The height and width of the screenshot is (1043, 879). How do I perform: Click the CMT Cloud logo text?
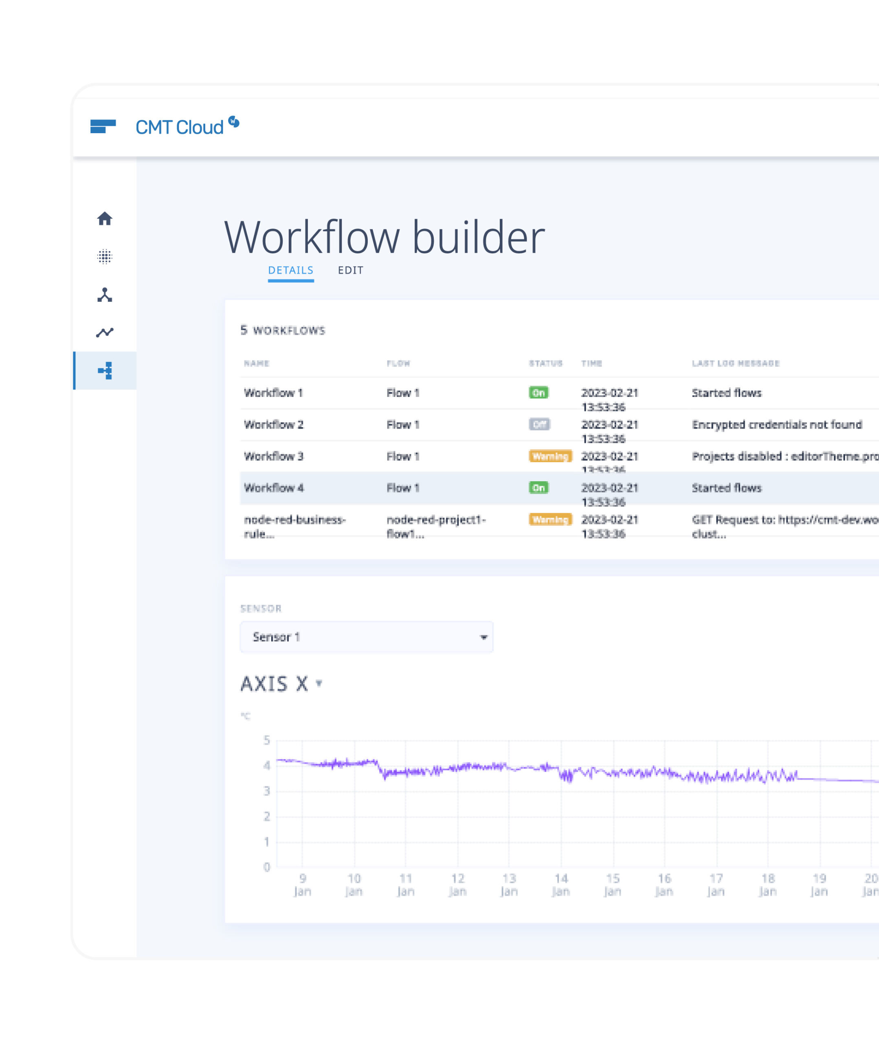[x=179, y=128]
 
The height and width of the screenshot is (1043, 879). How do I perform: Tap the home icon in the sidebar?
[x=105, y=219]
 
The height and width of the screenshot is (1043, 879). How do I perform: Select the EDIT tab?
[x=350, y=270]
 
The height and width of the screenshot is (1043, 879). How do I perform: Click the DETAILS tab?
[x=290, y=270]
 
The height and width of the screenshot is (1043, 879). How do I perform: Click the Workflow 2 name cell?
[x=274, y=425]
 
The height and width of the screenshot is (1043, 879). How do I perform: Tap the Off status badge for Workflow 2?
[x=538, y=425]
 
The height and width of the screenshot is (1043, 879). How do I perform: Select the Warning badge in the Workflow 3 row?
[x=550, y=456]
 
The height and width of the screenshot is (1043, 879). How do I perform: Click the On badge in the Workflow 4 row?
[x=538, y=487]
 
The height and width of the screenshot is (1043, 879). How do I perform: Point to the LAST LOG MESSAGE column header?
[x=736, y=363]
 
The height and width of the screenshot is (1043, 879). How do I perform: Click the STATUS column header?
[x=546, y=363]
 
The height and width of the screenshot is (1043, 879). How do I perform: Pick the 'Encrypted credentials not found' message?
[x=777, y=425]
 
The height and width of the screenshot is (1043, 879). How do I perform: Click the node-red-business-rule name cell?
[x=294, y=526]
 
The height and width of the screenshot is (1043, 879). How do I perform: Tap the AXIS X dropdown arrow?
[x=319, y=683]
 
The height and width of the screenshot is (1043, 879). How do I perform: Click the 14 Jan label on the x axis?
[x=560, y=885]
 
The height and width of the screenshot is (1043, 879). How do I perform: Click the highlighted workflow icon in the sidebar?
[x=105, y=371]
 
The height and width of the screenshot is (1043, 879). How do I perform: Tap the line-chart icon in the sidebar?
[x=105, y=332]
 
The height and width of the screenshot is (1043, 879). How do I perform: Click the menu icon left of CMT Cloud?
[x=103, y=127]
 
